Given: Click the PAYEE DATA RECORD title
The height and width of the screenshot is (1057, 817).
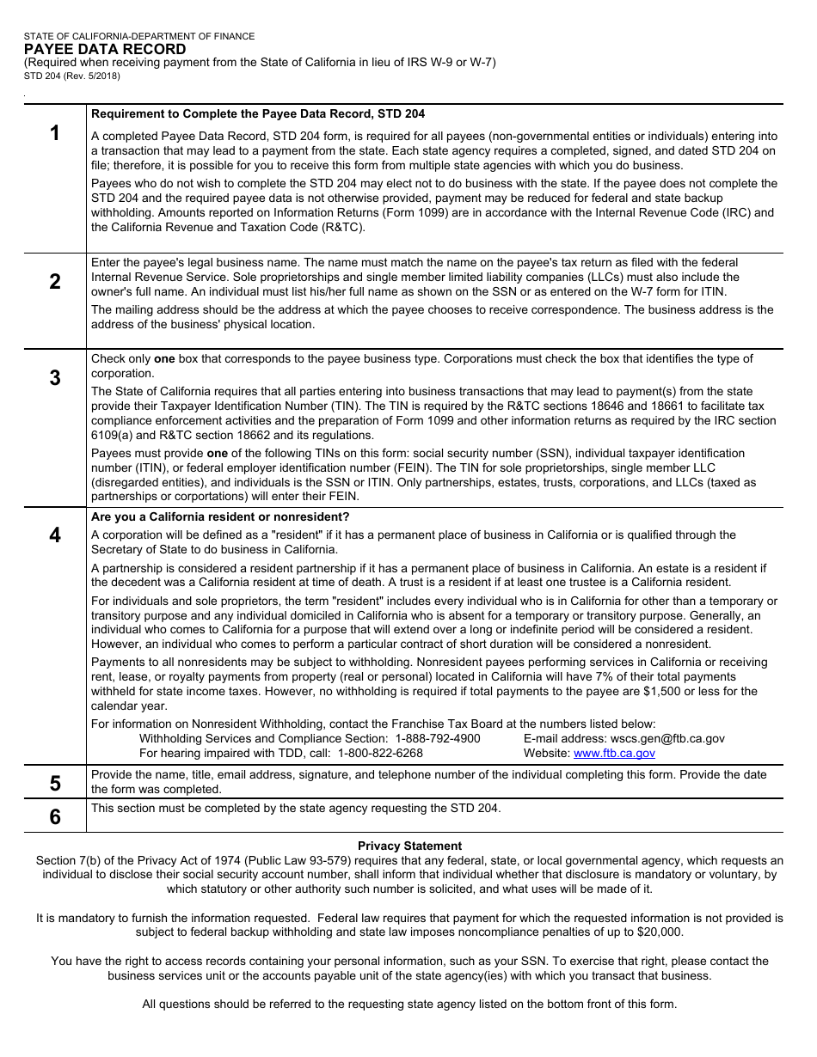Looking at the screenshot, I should point(105,50).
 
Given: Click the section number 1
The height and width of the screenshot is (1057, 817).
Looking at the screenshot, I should point(55,133).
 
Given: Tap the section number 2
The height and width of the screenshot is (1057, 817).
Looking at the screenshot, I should point(55,282).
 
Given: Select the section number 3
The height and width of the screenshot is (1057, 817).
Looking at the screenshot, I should point(55,378).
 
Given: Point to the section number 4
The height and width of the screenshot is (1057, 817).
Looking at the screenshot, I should point(55,535).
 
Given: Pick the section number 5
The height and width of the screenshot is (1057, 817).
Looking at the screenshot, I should point(55,784).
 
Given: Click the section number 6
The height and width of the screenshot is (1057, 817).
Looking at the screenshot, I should point(55,816).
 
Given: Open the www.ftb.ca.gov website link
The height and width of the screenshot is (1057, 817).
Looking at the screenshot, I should point(614,754).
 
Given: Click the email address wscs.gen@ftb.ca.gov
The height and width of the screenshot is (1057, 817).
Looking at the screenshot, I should point(667,739).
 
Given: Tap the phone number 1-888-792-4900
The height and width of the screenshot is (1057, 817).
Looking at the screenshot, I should point(438,739).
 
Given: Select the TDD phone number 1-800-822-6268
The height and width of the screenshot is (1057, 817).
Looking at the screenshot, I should point(380,754).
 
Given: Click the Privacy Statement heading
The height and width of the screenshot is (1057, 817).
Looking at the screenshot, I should point(409,846).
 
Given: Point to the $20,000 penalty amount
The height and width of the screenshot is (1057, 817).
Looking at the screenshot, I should point(660,932).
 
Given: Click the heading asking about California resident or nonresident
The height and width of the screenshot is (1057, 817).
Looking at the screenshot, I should point(220,517).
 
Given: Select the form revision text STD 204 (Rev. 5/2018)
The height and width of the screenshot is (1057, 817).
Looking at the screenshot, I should point(72,76).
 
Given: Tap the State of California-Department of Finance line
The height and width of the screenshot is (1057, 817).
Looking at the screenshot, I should point(139,37).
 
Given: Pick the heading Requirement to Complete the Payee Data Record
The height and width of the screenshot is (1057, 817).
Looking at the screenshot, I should point(258,114).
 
